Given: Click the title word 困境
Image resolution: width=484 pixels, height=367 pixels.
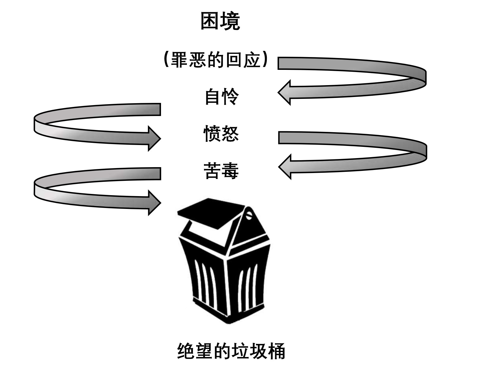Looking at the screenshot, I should pyautogui.click(x=220, y=21).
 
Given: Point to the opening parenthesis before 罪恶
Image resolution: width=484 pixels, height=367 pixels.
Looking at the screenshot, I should pyautogui.click(x=166, y=59).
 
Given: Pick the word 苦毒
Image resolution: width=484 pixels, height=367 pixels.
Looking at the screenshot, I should pyautogui.click(x=221, y=171).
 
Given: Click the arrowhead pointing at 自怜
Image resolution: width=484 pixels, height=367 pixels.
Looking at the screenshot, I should pyautogui.click(x=284, y=92).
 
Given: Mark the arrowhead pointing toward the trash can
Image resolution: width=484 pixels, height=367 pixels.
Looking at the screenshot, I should pyautogui.click(x=154, y=203).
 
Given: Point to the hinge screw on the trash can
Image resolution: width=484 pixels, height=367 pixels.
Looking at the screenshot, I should pyautogui.click(x=249, y=215).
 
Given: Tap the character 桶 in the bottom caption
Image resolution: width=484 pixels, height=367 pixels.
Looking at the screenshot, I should pyautogui.click(x=276, y=351).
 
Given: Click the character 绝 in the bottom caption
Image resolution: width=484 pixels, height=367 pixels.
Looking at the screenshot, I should pyautogui.click(x=186, y=351).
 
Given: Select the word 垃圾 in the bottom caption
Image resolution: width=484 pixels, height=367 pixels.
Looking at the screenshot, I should pyautogui.click(x=249, y=351).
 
